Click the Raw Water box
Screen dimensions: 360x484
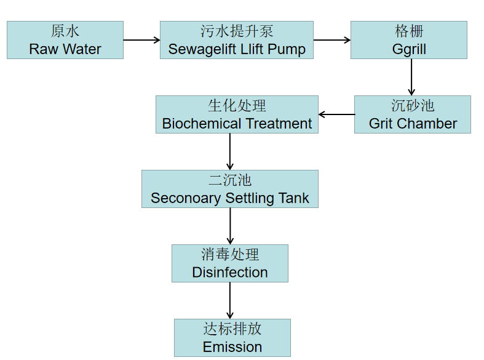[x=65, y=40]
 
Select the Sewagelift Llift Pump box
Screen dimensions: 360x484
[x=237, y=40]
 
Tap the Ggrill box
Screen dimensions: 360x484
[x=409, y=40]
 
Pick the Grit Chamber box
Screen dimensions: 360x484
[x=413, y=114]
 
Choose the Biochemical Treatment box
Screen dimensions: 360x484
[x=237, y=114]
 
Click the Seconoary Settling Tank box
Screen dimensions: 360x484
[x=230, y=189]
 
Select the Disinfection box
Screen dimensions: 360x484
[x=230, y=263]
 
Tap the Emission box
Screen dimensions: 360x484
[x=232, y=338]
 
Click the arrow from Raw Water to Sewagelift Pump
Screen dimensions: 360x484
[x=141, y=40]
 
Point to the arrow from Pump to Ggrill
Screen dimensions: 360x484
[x=332, y=40]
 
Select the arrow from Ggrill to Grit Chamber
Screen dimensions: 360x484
[x=411, y=77]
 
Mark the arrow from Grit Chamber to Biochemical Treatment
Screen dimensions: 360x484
[x=336, y=114]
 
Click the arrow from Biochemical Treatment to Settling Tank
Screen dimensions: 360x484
[x=230, y=151]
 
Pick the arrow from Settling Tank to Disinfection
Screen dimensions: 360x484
[x=230, y=226]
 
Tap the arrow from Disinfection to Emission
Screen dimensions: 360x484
[x=230, y=300]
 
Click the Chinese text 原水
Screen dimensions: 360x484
[x=65, y=31]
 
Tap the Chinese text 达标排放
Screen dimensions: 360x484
[x=232, y=329]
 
